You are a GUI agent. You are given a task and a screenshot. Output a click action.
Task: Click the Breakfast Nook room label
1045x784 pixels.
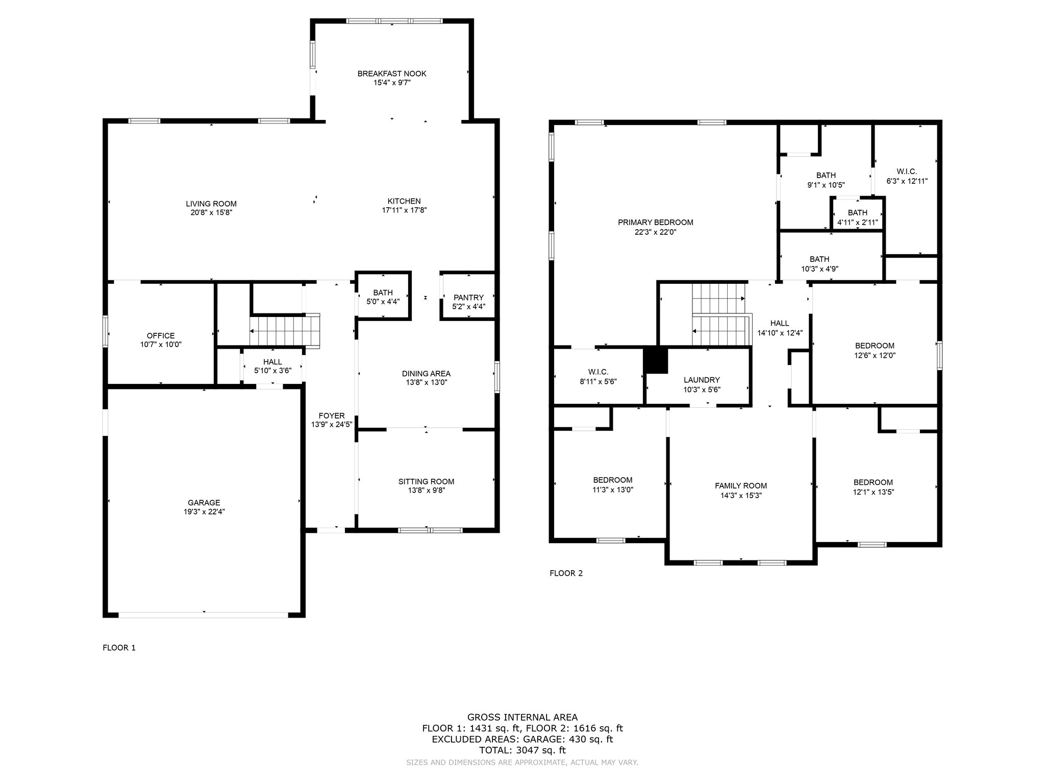point(392,73)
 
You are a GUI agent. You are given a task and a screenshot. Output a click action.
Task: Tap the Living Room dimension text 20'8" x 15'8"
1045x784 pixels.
point(211,213)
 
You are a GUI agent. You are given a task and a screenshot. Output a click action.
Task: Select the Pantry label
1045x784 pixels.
point(468,298)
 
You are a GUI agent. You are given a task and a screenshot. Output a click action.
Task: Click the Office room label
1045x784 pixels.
point(161,335)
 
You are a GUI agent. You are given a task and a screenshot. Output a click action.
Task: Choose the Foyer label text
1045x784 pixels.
point(332,415)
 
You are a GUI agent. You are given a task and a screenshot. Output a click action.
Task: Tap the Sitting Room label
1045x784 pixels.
point(426,481)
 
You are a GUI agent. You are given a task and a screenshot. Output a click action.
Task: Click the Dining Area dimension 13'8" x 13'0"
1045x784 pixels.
point(426,382)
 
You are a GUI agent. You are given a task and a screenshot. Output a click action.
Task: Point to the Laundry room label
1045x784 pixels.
point(702,380)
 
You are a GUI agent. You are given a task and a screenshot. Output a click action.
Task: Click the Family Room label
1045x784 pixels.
point(741,485)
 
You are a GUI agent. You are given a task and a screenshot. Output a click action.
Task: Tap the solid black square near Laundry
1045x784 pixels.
point(656,361)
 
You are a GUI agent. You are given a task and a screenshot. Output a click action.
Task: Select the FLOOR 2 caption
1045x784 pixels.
point(566,573)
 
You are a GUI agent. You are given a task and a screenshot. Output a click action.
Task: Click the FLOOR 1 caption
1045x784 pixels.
point(119,648)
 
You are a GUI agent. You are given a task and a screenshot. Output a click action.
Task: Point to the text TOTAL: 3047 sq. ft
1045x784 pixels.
point(522,750)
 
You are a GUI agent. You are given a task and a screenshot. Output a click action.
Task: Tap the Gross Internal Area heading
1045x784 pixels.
point(522,717)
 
